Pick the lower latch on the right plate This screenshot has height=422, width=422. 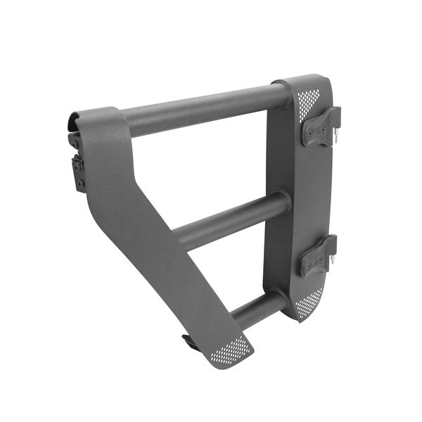[x=317, y=256]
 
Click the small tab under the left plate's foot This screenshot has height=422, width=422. [x=188, y=343]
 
